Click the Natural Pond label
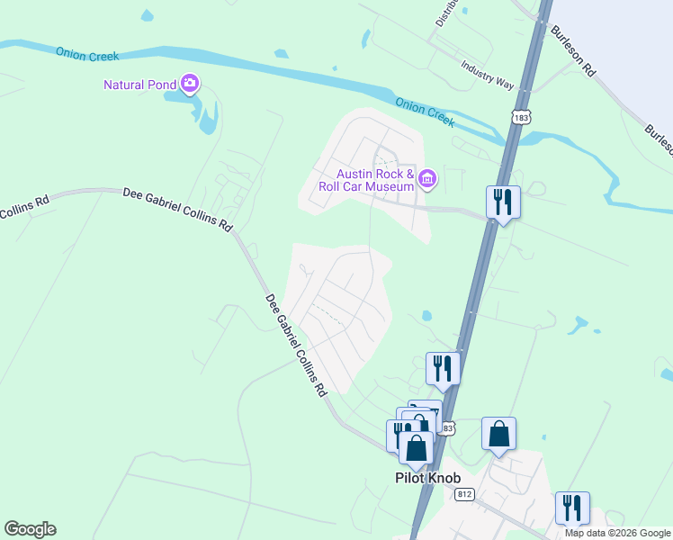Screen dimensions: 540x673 tap(139, 85)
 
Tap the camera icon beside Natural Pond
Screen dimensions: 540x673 tap(190, 85)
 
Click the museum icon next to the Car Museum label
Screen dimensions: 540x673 tap(427, 180)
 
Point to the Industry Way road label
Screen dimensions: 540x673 tap(487, 76)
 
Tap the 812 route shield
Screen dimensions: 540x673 tap(464, 494)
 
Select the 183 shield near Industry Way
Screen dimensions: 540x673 tap(520, 116)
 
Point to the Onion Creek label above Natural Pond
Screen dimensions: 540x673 tap(87, 54)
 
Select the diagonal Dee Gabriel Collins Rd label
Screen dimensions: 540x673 tap(296, 346)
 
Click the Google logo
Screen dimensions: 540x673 tap(30, 529)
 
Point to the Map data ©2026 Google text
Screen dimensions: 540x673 tap(617, 533)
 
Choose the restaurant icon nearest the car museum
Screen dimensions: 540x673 tap(502, 202)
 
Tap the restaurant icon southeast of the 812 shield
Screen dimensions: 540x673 tap(572, 508)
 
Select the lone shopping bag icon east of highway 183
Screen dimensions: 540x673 tap(498, 434)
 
